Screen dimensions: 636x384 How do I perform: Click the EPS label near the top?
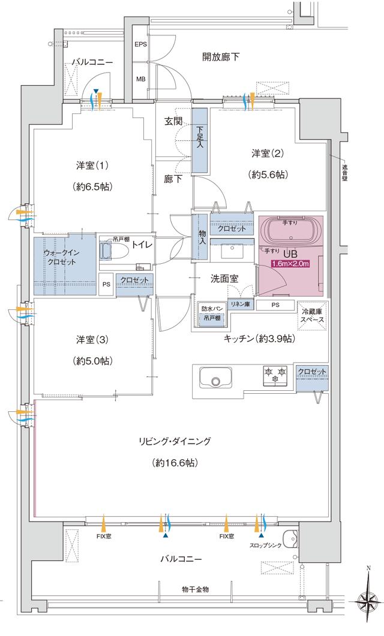pos(140,45)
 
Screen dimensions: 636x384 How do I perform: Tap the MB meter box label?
pos(140,79)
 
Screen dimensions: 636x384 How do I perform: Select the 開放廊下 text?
pos(221,57)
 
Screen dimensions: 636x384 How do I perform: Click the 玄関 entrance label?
pos(174,120)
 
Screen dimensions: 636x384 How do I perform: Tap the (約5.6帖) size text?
pos(268,175)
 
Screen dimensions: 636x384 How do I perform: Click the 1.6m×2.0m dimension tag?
pos(290,264)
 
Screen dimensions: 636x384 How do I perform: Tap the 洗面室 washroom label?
pos(224,279)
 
